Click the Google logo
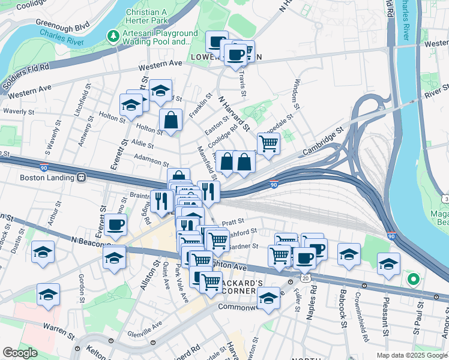point(20,353)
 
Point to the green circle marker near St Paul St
point(412,279)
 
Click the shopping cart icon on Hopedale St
point(268,143)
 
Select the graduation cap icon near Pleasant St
point(388,263)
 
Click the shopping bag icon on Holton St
point(171,119)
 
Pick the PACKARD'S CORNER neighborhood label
point(241,287)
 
